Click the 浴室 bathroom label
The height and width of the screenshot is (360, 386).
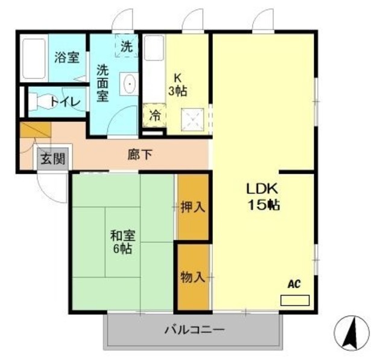66,58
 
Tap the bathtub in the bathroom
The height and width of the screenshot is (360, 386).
35,59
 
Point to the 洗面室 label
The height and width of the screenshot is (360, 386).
103,83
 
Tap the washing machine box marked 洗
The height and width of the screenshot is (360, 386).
127,46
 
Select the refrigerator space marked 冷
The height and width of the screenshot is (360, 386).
154,115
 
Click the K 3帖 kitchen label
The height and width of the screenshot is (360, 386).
178,84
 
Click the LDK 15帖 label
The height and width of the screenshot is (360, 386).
261,197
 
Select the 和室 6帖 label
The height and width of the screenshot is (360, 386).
121,241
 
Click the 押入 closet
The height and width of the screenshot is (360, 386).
193,207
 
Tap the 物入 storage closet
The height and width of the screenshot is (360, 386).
193,277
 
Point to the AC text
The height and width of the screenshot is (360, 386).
294,284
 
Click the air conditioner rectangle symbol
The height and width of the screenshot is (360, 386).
294,300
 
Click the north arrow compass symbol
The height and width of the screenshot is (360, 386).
351,332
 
